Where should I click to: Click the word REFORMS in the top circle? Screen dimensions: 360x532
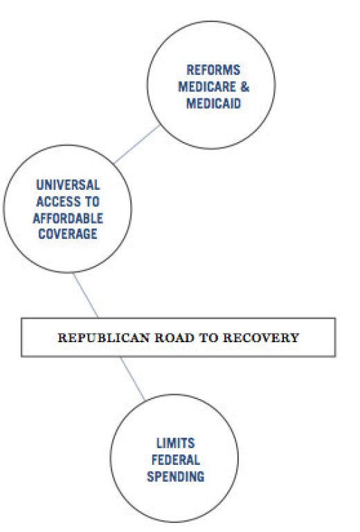(213, 70)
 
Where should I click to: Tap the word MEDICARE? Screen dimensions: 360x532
(207, 87)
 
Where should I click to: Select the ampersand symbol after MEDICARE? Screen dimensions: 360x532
(245, 87)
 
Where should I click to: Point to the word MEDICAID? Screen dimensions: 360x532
(213, 103)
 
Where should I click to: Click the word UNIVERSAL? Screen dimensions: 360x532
(68, 185)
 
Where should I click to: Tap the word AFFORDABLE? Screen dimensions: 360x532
(68, 218)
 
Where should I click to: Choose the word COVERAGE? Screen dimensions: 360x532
(68, 234)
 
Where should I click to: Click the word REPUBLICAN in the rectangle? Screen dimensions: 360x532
(104, 338)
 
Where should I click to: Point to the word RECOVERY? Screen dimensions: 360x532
(261, 338)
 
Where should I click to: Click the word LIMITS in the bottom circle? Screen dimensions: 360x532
(176, 443)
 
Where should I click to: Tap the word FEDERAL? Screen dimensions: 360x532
(176, 460)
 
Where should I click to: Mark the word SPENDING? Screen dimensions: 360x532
(176, 477)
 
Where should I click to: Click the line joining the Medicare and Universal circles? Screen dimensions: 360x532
(137, 144)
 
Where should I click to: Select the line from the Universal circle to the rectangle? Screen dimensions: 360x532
(86, 296)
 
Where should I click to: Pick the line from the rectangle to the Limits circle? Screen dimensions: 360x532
(132, 378)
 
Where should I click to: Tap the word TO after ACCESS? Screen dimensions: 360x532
(93, 202)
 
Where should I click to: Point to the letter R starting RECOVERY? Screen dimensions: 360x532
(228, 338)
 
